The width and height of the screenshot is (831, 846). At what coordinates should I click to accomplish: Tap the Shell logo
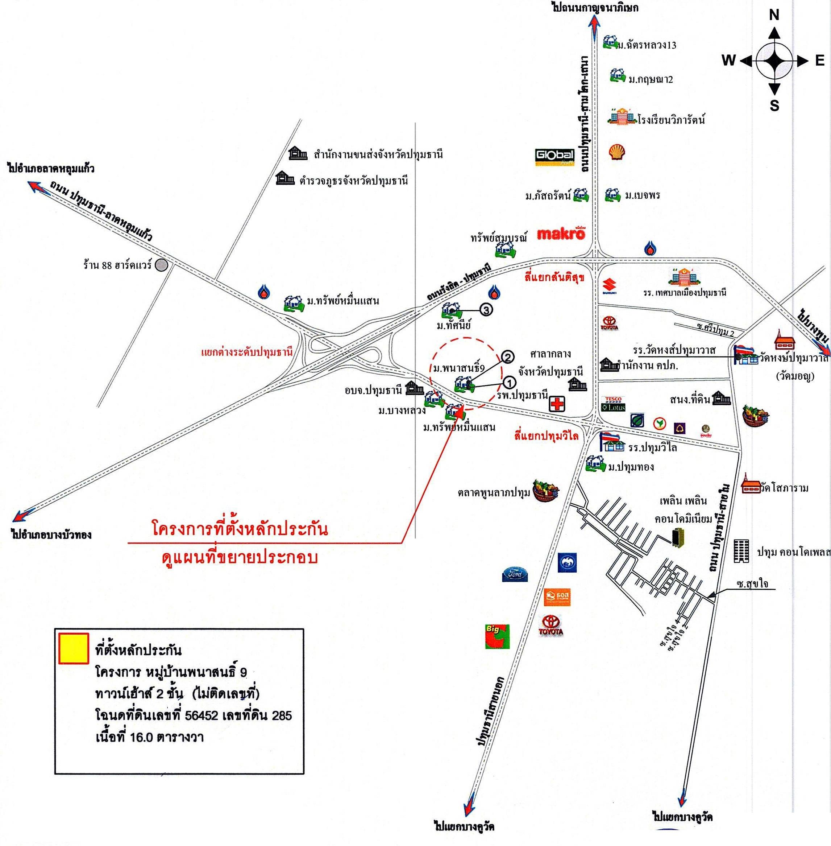click(x=617, y=152)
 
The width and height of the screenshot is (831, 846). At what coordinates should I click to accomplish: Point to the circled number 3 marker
click(x=486, y=309)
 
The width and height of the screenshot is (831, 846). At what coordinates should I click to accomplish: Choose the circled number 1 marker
click(x=509, y=383)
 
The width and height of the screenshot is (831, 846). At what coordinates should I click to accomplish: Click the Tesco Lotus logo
click(x=613, y=404)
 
